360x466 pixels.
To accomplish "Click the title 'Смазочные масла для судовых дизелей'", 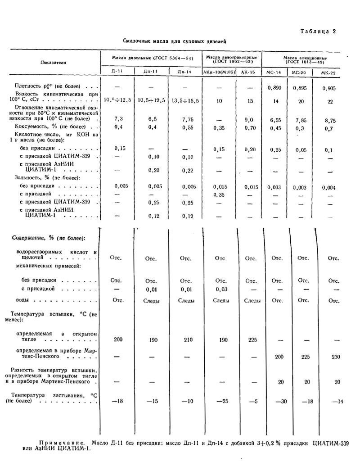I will pos(175,41).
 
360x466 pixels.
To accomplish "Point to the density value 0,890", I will pos(274,89).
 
